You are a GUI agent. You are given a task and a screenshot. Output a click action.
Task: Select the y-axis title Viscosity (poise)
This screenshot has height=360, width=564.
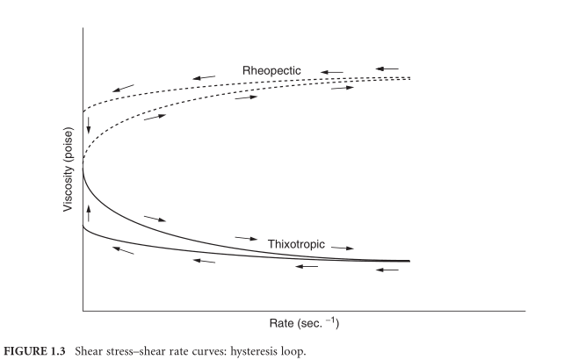coord(67,168)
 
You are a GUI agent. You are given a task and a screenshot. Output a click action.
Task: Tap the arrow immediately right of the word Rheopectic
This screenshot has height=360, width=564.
coord(331,69)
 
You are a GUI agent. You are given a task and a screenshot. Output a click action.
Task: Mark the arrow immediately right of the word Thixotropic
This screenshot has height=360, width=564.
coord(343,248)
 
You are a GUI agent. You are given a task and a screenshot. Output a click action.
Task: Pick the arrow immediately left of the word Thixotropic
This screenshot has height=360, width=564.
coord(246,237)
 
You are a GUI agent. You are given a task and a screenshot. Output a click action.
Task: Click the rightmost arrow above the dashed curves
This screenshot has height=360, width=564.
coord(387,68)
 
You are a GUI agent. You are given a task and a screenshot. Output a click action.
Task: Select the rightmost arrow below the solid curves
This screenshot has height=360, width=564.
coord(387,270)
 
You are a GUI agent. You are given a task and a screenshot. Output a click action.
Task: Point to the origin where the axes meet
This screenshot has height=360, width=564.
coord(83,310)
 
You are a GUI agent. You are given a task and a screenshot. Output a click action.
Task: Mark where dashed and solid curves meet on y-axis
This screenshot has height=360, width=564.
coord(83,163)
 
